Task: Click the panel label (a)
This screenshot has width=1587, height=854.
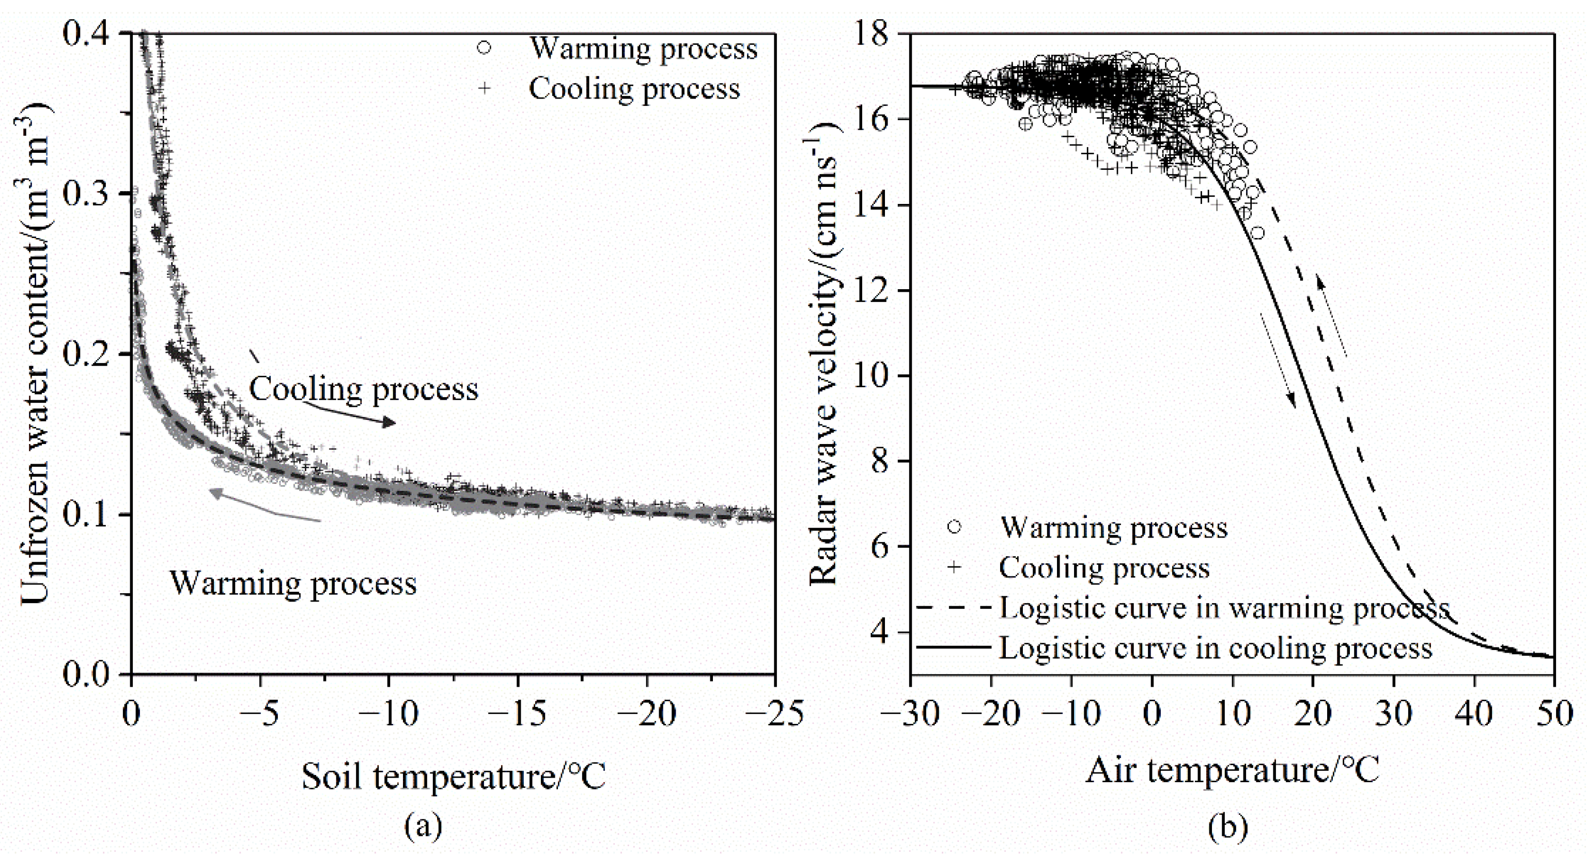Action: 423,825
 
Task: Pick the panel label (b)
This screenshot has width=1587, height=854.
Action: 1228,825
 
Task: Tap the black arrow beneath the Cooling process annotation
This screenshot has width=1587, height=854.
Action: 351,415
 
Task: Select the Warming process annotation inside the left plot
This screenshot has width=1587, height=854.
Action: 293,583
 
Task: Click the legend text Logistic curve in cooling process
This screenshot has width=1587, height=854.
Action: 1215,648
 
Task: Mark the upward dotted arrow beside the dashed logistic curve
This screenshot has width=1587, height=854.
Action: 1331,315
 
